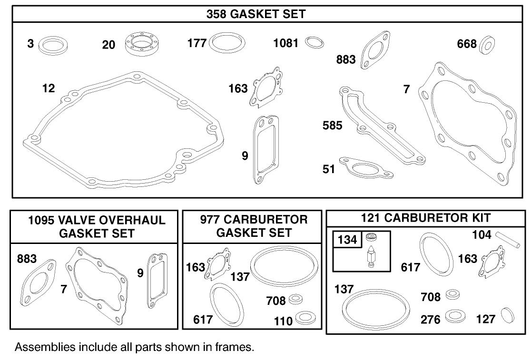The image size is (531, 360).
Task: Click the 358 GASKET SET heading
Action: click(x=256, y=14)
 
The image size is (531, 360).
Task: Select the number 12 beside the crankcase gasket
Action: click(x=48, y=88)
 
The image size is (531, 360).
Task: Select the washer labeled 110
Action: click(x=303, y=317)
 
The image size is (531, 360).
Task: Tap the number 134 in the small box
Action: click(x=347, y=240)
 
